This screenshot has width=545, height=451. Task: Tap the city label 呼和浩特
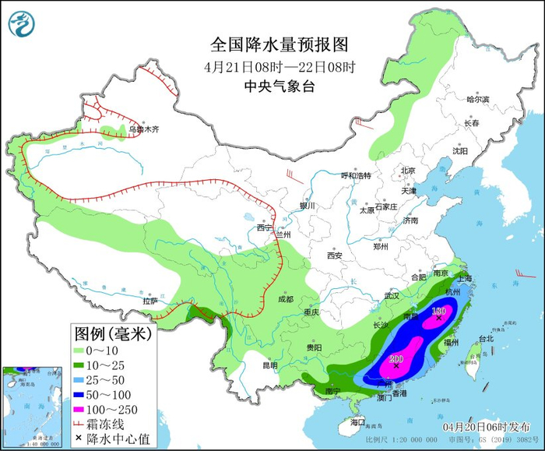tap(358, 175)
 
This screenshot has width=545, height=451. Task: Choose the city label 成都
tap(285, 299)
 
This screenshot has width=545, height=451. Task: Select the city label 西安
tap(335, 255)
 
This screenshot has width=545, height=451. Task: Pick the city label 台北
tap(485, 339)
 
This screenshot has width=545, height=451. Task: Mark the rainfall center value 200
tap(396, 359)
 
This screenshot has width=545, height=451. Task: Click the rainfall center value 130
tap(438, 311)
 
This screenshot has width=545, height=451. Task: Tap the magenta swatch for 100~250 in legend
tap(82, 407)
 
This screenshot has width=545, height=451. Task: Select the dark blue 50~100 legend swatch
tap(82, 393)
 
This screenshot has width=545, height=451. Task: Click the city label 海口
tap(357, 421)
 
